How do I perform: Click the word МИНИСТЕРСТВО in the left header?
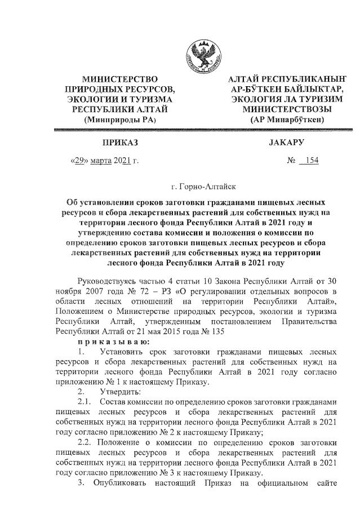[x=119, y=79]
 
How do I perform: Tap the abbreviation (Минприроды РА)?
[x=119, y=119]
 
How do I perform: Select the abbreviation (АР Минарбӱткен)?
[x=287, y=119]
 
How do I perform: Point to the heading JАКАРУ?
[x=287, y=143]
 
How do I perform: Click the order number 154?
[x=310, y=161]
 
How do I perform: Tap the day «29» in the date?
[x=78, y=161]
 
